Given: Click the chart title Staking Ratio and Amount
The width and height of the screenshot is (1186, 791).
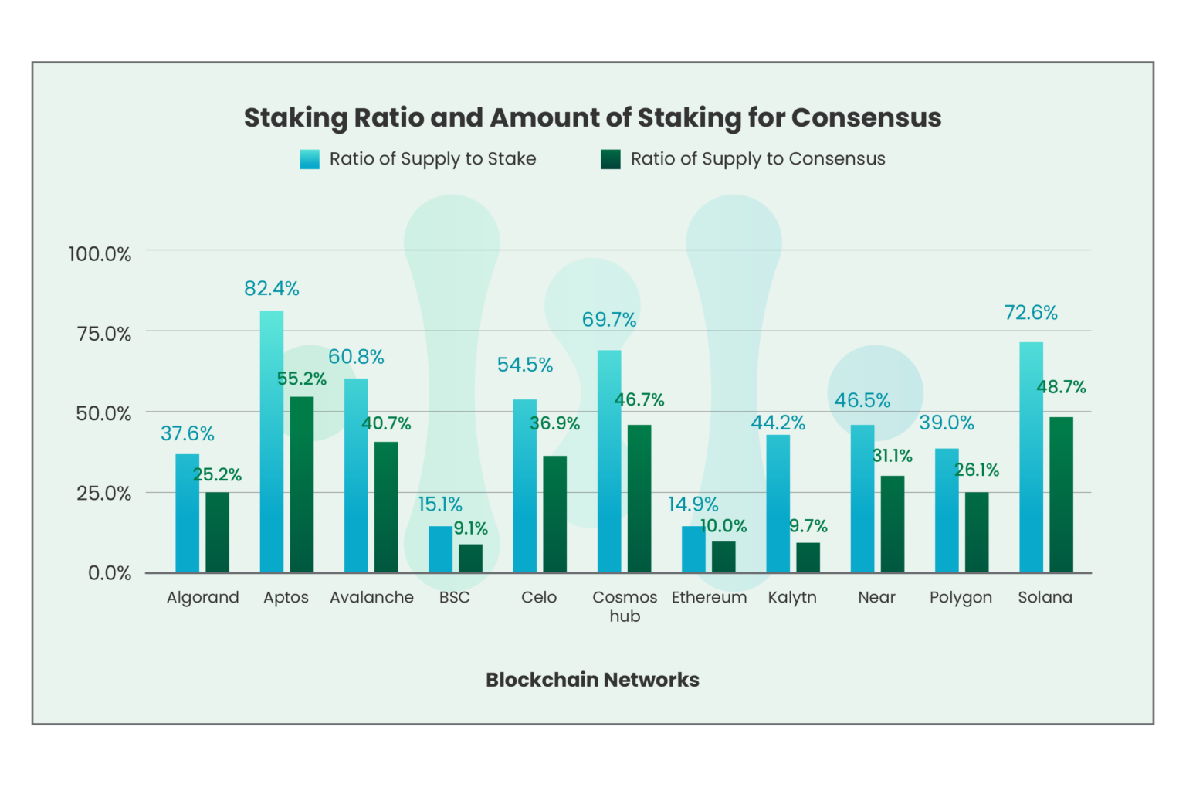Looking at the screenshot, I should pos(592,117).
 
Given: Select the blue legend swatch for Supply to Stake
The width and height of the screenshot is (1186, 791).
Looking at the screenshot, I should pos(310,159).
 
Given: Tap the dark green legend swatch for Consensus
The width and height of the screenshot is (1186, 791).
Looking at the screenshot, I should pos(611,159).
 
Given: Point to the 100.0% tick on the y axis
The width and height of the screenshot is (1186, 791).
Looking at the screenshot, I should pos(100,253).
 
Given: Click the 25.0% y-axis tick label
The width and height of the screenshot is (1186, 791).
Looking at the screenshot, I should pos(103,493).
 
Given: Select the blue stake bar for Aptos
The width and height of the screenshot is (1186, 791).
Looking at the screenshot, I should pos(272,441).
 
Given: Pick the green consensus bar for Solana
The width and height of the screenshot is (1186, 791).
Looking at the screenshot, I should pos(1061,494).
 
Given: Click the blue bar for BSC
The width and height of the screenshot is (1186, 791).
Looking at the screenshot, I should pos(440,549).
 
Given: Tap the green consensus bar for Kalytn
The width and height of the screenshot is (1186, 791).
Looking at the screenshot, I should pos(808,557).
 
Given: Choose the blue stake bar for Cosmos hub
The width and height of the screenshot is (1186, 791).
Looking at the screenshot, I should pos(609,461).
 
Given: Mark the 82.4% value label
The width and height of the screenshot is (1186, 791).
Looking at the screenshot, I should pos(272,288).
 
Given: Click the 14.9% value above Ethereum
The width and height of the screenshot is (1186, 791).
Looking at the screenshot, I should pos(693,504).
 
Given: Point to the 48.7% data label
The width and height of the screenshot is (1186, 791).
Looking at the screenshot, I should pos(1061,386).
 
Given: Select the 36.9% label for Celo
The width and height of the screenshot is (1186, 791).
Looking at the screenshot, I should pos(554,423).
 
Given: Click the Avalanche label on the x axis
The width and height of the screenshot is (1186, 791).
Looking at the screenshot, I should pos(371,597).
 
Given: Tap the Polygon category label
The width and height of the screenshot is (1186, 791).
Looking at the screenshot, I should pos(961,597).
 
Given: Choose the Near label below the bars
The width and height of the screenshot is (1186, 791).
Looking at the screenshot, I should pos(876,597).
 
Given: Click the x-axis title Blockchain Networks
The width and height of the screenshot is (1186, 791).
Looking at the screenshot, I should pos(592,680).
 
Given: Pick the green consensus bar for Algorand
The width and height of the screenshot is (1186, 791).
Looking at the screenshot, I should pos(217,532).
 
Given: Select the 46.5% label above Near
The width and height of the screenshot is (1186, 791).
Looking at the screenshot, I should pos(862,400).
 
